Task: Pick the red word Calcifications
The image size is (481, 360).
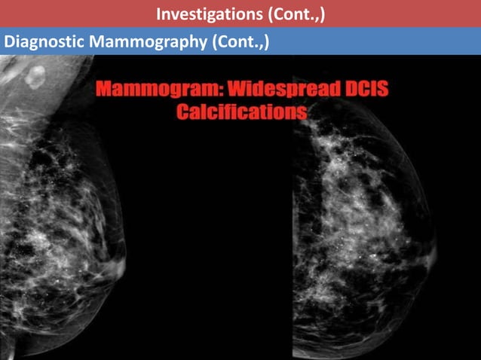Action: [x=241, y=113]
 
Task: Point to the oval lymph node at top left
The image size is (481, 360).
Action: [x=35, y=76]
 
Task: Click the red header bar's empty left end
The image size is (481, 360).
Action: [x=60, y=14]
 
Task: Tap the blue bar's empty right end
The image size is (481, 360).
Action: [x=392, y=41]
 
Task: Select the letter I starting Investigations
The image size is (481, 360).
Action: [x=158, y=14]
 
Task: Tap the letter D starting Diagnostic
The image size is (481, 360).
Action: [x=9, y=41]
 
